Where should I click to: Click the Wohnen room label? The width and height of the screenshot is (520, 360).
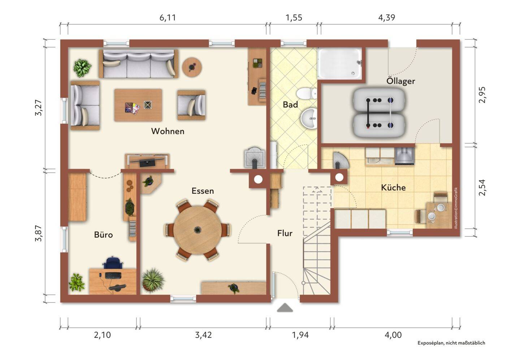pos(168,131)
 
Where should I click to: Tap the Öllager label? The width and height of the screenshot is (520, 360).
pos(401,81)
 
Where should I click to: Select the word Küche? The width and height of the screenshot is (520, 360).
pos(393,187)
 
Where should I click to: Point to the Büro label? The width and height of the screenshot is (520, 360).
pos(103,235)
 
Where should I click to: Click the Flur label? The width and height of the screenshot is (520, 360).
pos(285,233)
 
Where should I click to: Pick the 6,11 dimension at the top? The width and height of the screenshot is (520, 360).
pos(168,18)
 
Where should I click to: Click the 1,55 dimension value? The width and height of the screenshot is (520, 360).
pos(294,18)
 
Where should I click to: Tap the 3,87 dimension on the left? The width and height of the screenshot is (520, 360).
pos(39,233)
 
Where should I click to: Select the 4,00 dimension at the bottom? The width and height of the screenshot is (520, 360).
pos(393,335)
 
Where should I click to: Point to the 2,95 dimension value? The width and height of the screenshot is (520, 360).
pos(482,95)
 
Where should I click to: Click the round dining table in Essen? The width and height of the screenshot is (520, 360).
pos(197,230)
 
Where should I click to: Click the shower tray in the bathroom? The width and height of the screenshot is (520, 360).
pos(340,63)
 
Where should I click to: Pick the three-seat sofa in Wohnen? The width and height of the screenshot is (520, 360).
pos(139,64)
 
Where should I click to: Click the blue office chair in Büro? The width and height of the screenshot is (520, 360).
pos(113,263)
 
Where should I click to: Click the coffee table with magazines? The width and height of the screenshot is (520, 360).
pos(138,105)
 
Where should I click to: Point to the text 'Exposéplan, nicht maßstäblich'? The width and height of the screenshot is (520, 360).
pos(451,343)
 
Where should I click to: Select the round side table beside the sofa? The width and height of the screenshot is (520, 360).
pos(192,67)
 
